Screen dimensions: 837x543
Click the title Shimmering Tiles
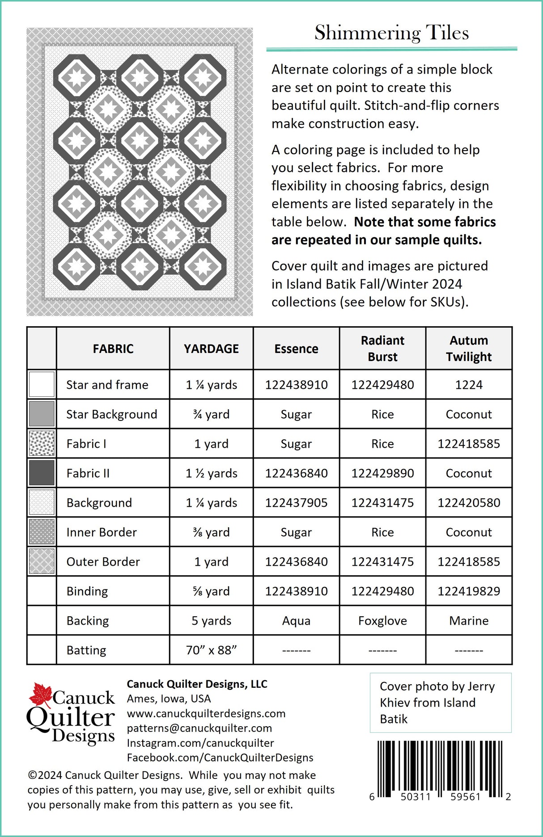click(391, 33)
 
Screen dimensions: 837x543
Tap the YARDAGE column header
click(211, 349)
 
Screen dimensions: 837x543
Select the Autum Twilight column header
click(468, 349)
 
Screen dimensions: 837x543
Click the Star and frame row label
click(107, 385)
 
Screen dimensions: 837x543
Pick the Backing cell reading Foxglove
click(382, 621)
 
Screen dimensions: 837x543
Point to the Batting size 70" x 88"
click(211, 650)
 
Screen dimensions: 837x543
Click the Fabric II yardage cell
click(211, 473)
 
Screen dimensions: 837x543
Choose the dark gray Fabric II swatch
click(42, 473)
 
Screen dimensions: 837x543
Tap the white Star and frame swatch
click(42, 384)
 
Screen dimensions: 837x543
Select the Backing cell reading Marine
click(468, 621)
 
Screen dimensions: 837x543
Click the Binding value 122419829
click(468, 591)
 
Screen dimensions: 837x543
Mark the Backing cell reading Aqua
click(296, 621)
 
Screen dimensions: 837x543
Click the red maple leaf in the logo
click(41, 695)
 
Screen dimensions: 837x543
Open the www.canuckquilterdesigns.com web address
click(206, 713)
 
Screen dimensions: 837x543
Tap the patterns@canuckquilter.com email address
click(199, 728)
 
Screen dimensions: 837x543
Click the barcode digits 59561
click(465, 797)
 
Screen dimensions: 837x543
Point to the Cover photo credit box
click(440, 702)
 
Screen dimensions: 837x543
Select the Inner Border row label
click(102, 532)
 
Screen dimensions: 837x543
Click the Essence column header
click(296, 349)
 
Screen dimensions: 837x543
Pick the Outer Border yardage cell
click(211, 562)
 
